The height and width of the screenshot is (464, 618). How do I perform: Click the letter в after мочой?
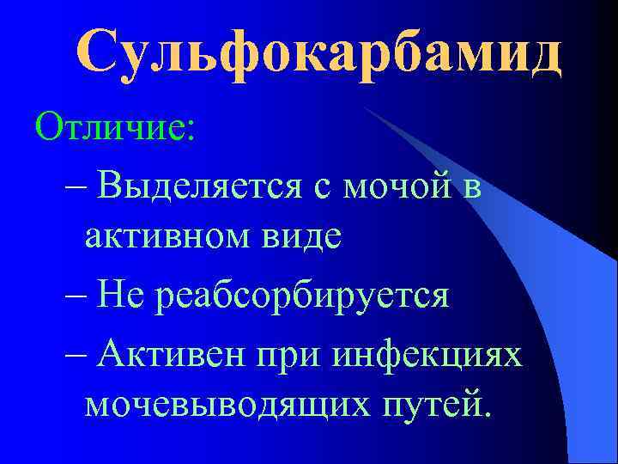(471, 184)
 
